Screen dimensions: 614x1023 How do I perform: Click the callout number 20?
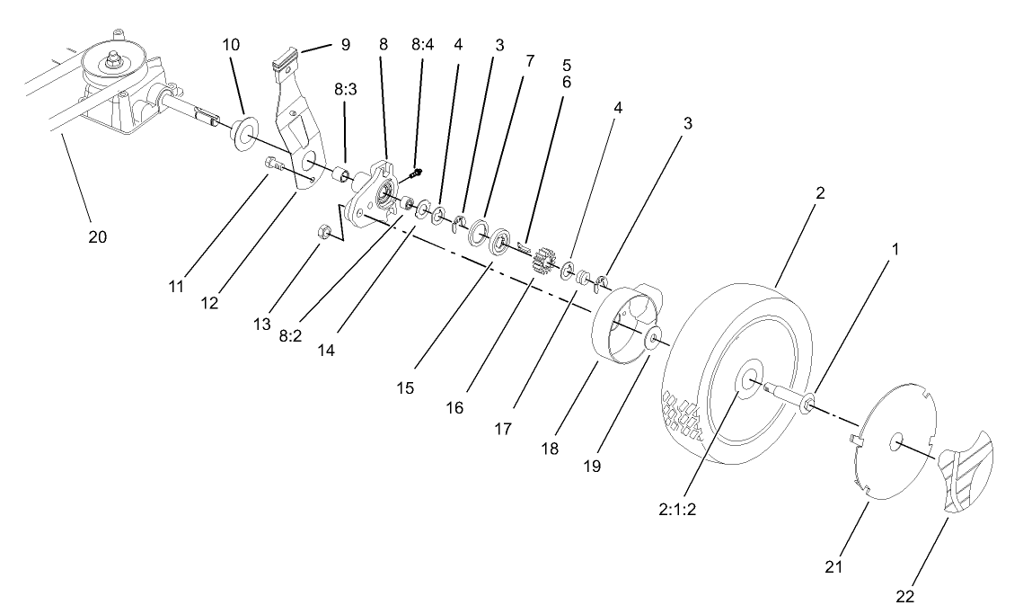point(97,237)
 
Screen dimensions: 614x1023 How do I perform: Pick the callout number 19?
point(590,467)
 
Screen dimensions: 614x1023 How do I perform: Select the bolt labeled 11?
point(273,165)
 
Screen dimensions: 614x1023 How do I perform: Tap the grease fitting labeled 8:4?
point(416,172)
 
